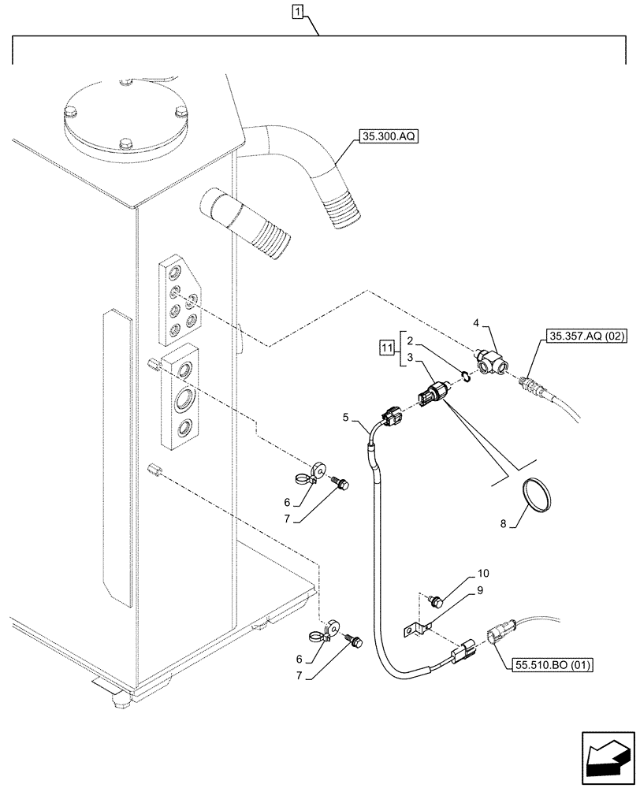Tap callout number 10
click(483, 574)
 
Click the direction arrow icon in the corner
click(606, 755)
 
